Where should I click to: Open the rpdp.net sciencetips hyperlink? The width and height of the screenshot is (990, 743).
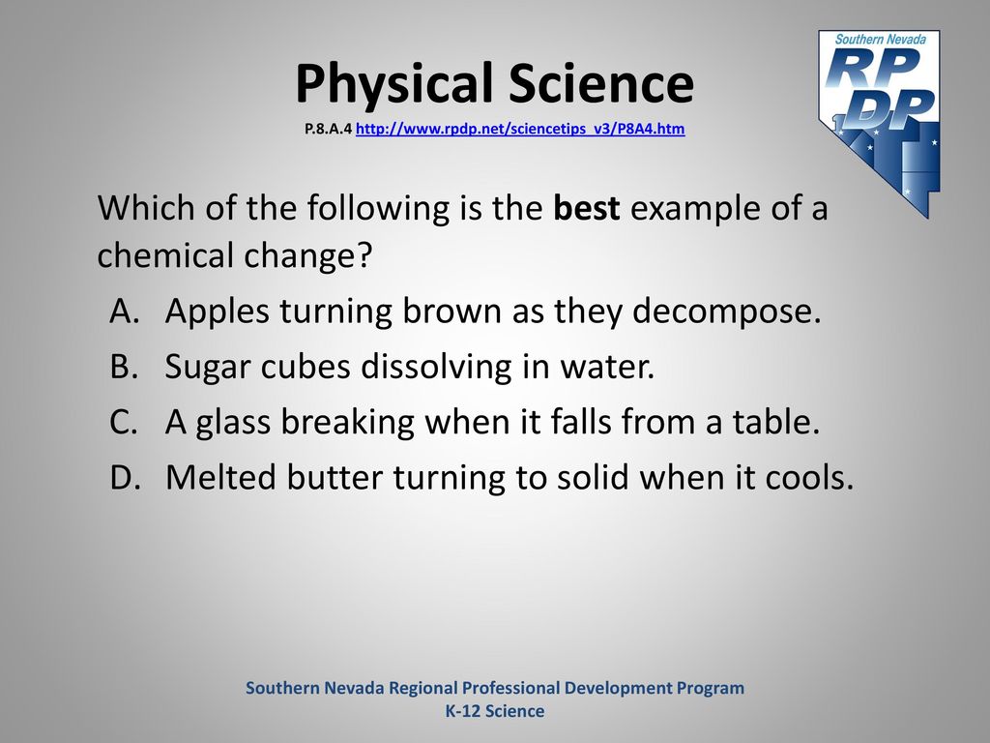[520, 129]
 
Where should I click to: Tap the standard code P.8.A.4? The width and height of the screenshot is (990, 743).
[328, 129]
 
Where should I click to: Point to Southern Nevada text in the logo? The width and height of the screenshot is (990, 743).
[880, 39]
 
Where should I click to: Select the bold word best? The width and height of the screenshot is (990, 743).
[587, 208]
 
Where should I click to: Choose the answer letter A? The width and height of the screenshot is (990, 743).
[124, 311]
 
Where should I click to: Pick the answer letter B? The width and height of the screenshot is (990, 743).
[124, 367]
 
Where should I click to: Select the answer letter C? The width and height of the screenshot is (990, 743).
[123, 422]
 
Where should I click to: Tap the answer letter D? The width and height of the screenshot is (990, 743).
[125, 478]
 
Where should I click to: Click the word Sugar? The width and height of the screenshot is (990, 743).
[208, 368]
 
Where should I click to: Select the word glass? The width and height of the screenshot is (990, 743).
[233, 423]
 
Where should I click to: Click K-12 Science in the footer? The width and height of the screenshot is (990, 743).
[495, 711]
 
